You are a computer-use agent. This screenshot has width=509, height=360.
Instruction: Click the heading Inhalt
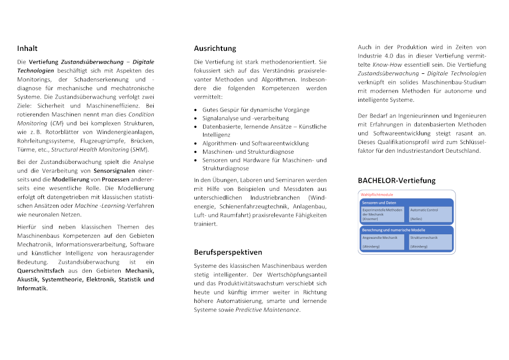point(27,48)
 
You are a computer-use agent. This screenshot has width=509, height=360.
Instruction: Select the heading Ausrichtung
point(215,48)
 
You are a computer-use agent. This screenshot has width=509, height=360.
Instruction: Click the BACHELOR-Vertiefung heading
point(397,180)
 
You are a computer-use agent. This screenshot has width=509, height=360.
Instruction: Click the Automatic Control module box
point(430,214)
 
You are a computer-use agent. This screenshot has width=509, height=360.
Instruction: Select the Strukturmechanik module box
point(430,242)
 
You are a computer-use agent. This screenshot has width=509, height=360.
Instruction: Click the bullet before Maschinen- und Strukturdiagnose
point(196,152)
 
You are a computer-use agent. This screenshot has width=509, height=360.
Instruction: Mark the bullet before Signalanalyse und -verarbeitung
point(196,119)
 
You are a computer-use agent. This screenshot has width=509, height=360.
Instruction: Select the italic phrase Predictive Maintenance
point(267,310)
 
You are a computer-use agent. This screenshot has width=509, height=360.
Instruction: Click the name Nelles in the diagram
point(416,219)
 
